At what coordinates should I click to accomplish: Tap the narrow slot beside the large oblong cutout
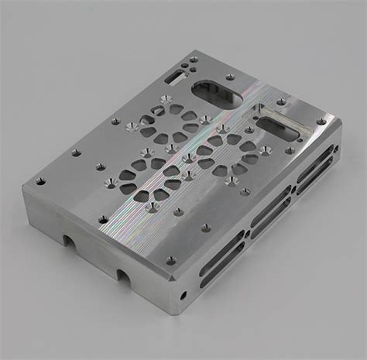(x=177, y=76)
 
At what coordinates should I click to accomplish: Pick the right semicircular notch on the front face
(x=123, y=273)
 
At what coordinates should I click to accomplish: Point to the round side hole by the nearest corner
(x=183, y=295)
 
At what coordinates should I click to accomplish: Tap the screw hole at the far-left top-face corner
(x=40, y=181)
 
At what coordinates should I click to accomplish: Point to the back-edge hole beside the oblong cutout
(x=230, y=77)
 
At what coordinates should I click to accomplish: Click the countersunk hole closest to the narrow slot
(x=165, y=98)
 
